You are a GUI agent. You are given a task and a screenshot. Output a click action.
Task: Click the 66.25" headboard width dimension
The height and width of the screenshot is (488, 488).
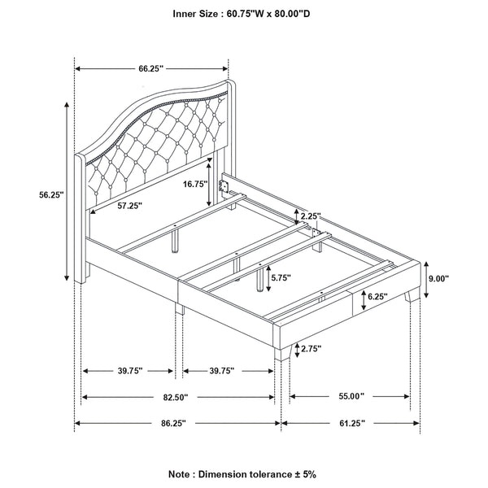click(151, 69)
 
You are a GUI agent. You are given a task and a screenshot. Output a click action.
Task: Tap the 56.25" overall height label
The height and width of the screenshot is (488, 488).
click(51, 194)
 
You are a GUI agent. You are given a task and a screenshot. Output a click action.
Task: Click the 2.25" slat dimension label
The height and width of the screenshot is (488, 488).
click(311, 216)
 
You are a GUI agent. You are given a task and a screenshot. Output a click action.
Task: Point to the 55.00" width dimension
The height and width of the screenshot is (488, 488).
click(350, 396)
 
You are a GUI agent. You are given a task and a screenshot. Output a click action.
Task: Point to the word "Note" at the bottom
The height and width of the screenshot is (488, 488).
click(181, 473)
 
